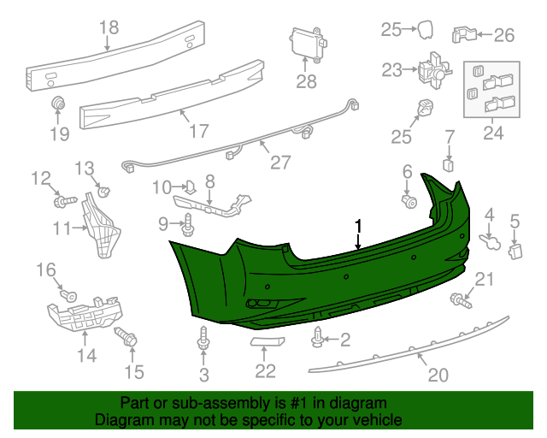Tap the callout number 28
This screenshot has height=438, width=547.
(x=306, y=82)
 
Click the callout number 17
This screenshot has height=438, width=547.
(x=198, y=133)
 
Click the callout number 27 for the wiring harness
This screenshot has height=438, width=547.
(x=280, y=162)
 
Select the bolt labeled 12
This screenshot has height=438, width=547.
(x=62, y=202)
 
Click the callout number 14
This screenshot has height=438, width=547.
(x=86, y=354)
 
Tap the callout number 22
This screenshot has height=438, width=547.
(x=266, y=371)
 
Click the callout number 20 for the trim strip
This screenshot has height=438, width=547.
(x=437, y=375)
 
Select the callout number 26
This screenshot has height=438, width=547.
(x=504, y=35)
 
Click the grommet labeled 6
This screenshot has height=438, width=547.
(x=409, y=202)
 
